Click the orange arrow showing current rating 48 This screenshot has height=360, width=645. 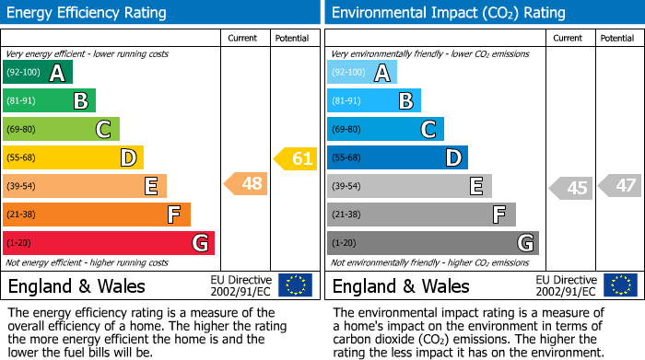pyautogui.click(x=247, y=184)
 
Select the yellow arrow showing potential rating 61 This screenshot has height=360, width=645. pyautogui.click(x=296, y=158)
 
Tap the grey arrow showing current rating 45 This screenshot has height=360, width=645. pyautogui.click(x=571, y=188)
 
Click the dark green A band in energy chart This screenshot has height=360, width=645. pyautogui.click(x=38, y=73)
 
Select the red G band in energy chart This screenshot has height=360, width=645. pyautogui.click(x=109, y=243)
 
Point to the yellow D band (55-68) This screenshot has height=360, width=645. pyautogui.click(x=74, y=157)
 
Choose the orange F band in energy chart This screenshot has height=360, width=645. pyautogui.click(x=97, y=215)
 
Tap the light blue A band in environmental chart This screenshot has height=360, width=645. pyautogui.click(x=362, y=73)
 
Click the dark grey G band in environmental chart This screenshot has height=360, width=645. pyautogui.click(x=432, y=243)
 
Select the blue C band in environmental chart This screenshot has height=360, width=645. pyautogui.click(x=385, y=130)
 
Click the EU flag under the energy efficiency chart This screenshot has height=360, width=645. pyautogui.click(x=296, y=285)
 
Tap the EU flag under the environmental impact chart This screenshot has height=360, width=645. pyautogui.click(x=622, y=285)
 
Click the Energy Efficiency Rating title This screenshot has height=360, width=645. pyautogui.click(x=88, y=13)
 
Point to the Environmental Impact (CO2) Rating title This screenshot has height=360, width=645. pyautogui.click(x=448, y=13)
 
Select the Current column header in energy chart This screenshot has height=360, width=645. pyautogui.click(x=242, y=38)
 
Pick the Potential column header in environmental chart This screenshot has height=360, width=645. pyautogui.click(x=617, y=38)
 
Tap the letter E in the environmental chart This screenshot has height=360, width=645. pyautogui.click(x=476, y=187)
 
